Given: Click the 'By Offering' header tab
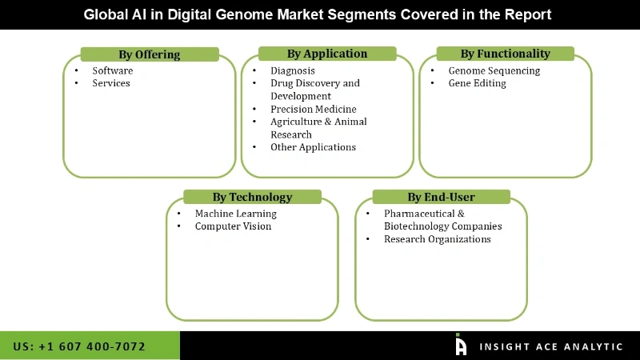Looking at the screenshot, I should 150,54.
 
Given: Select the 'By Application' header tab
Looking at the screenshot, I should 327,54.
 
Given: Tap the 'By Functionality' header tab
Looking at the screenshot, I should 505,54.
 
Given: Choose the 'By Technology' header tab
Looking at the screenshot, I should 252,197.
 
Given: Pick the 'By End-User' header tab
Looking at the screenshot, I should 441,197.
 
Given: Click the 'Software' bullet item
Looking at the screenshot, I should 113,70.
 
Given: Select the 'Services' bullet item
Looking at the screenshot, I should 111,83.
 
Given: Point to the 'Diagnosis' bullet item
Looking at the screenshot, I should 293,70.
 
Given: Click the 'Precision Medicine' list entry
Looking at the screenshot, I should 314,109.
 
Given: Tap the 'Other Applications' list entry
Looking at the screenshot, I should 313,147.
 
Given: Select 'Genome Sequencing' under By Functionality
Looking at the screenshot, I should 494,70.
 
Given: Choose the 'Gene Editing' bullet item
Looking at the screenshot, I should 478,83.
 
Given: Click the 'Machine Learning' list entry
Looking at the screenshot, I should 236,214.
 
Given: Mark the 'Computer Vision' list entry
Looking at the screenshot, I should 234,226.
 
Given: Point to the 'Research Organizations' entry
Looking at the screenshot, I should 438,239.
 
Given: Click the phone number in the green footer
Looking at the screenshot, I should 79,346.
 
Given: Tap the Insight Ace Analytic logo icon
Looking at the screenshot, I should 460,345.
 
